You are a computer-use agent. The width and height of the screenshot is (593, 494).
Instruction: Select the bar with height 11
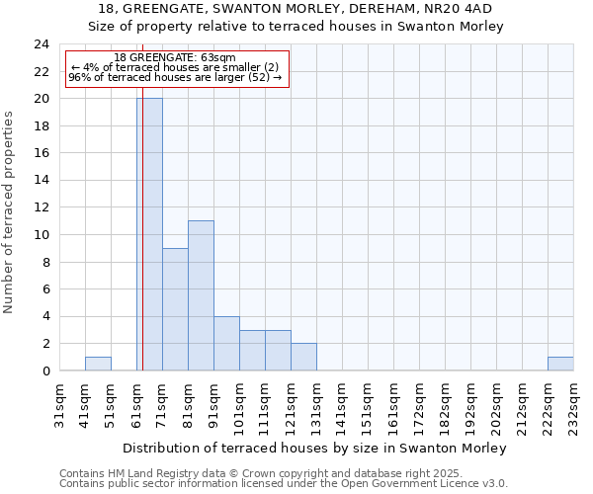201,295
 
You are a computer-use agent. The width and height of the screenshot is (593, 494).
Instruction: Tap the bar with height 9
175,309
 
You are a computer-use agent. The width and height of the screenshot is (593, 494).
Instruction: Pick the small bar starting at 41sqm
98,364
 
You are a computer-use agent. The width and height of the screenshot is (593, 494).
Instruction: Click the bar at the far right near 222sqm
560,364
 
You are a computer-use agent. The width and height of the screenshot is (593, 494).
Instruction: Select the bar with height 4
226,343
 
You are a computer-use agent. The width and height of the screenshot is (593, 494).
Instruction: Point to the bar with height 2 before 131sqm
303,357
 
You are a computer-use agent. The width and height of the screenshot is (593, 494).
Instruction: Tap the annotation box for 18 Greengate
177,68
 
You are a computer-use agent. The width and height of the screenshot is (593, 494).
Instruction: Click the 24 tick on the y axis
42,44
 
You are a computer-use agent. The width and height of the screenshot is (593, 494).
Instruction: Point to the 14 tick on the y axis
42,181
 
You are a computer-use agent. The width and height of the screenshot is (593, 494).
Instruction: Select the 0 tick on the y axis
45,371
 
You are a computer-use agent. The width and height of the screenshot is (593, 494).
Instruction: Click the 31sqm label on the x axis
60,404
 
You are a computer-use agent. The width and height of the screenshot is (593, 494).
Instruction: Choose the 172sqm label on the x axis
420,404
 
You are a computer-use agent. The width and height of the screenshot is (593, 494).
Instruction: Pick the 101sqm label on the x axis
240,404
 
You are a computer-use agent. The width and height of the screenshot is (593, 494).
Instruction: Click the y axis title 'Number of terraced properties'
10,211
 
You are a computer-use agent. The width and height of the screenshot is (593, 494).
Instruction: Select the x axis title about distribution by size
315,448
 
